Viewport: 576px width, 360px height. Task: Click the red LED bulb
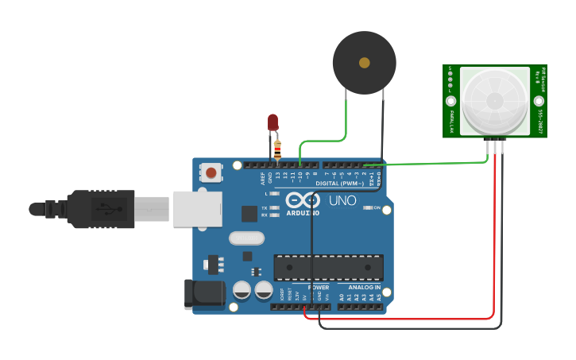pyautogui.click(x=273, y=121)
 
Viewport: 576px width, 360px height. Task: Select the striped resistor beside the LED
pyautogui.click(x=277, y=149)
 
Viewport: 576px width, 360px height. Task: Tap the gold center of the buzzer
pyautogui.click(x=365, y=63)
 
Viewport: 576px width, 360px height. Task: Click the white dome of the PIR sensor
pyautogui.click(x=494, y=101)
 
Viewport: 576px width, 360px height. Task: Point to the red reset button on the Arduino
pyautogui.click(x=211, y=172)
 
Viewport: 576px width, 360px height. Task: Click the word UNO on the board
pyautogui.click(x=342, y=200)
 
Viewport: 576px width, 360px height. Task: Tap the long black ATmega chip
pyautogui.click(x=328, y=267)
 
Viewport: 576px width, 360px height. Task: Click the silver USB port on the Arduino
pyautogui.click(x=197, y=208)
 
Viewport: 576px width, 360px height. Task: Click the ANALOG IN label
pyautogui.click(x=364, y=287)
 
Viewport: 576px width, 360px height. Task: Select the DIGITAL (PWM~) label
pyautogui.click(x=340, y=184)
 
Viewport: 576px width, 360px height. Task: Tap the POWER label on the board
pyautogui.click(x=319, y=287)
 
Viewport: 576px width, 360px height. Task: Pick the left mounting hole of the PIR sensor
pyautogui.click(x=451, y=101)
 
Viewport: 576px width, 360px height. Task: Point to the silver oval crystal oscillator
pyautogui.click(x=246, y=238)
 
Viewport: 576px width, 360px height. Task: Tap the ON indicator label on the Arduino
pyautogui.click(x=376, y=207)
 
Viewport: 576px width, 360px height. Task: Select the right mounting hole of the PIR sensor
pyautogui.click(x=539, y=101)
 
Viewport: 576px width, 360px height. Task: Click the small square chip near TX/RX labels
pyautogui.click(x=249, y=213)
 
